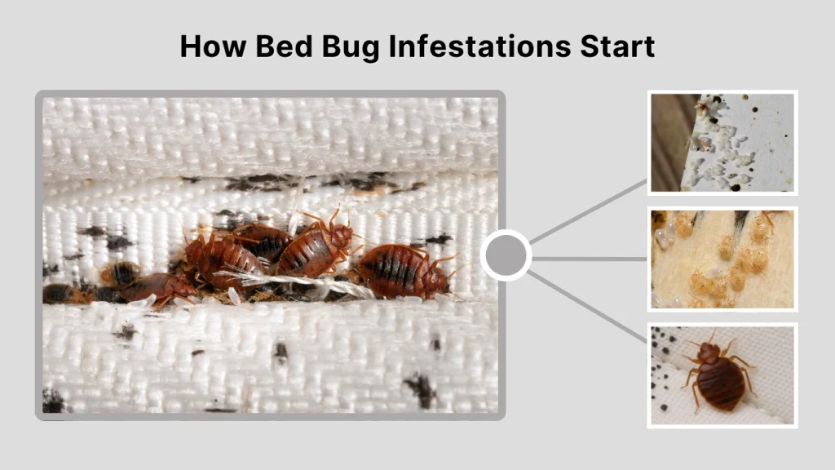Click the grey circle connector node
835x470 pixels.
506,255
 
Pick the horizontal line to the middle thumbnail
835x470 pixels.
589,259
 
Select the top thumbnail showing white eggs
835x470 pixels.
722,143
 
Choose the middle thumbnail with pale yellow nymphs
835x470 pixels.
722,259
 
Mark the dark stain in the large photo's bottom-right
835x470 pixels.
421,389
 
